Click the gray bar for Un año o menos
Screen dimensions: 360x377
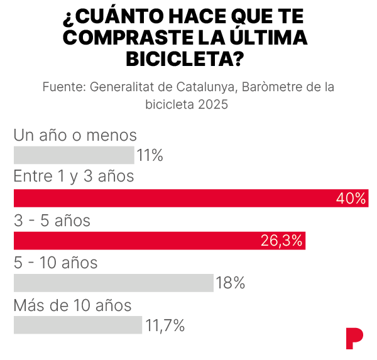click(x=74, y=155)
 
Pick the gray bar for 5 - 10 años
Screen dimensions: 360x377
click(x=113, y=283)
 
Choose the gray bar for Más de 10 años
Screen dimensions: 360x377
click(x=78, y=325)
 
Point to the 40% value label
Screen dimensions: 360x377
click(x=351, y=199)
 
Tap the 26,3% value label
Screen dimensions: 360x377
click(x=281, y=241)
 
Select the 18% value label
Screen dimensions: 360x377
click(x=230, y=283)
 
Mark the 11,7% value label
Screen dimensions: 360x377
click(x=165, y=325)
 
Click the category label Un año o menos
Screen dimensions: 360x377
click(x=75, y=134)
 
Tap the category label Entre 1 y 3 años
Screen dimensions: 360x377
click(x=74, y=177)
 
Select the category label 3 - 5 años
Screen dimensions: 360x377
click(x=52, y=221)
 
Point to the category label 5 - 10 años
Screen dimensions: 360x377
click(x=56, y=263)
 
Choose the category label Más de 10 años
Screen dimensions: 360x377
click(x=73, y=305)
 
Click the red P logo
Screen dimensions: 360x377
click(x=354, y=338)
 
